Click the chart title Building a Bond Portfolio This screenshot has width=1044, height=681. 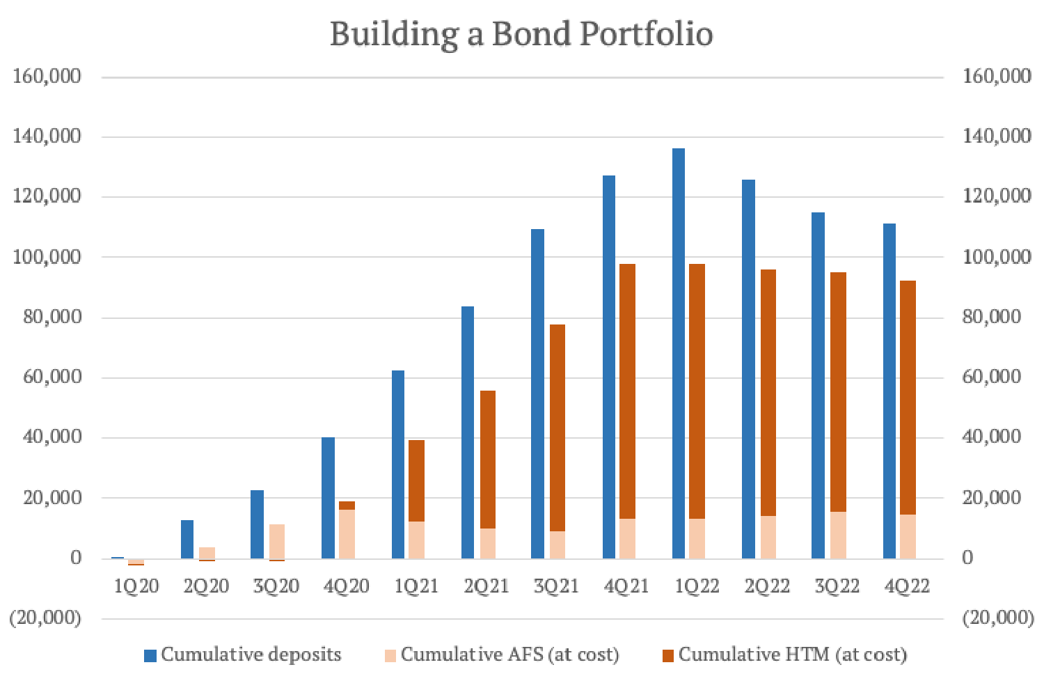[521, 33]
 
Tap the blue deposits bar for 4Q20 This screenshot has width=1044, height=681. [328, 498]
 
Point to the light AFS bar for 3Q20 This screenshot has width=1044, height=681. [277, 541]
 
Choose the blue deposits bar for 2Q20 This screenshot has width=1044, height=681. [187, 539]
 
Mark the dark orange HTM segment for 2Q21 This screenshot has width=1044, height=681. [488, 460]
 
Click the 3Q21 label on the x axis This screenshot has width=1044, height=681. [556, 586]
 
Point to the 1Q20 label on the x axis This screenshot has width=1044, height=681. [136, 586]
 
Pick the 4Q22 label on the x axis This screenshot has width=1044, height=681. [907, 586]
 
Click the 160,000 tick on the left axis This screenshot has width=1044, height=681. [47, 76]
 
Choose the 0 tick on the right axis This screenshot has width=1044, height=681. [967, 557]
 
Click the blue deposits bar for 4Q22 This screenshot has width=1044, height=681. [889, 391]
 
